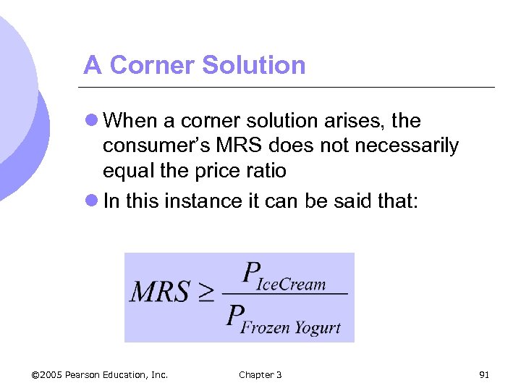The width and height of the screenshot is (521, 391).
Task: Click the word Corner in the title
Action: (x=153, y=66)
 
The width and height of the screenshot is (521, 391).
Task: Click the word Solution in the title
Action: (x=254, y=66)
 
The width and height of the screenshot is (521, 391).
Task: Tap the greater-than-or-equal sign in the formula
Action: (x=206, y=293)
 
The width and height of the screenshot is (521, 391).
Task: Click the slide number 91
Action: (x=485, y=374)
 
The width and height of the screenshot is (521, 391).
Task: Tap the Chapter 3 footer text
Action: (x=260, y=374)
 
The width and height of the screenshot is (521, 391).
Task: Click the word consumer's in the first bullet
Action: (x=141, y=146)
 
